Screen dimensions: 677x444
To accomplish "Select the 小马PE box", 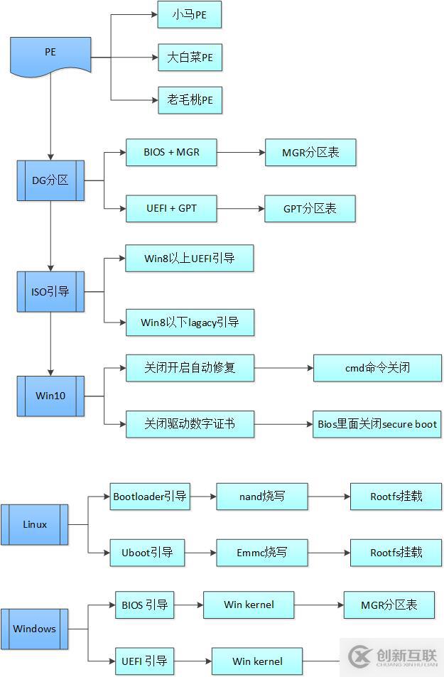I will coord(189,15).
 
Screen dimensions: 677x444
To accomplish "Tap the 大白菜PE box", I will coord(190,58).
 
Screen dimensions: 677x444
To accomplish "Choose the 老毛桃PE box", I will coord(190,100).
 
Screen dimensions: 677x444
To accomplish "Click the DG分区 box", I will coord(50,180).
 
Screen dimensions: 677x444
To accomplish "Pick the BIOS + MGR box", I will coord(171,152).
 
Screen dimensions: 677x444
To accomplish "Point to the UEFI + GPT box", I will coord(171,208).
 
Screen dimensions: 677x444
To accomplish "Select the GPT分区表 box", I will coord(310,208).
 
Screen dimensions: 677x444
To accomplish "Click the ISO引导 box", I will coord(50,292).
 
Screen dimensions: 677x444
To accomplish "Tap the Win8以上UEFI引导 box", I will coord(189,259).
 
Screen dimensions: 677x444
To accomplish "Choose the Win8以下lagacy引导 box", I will coord(189,323).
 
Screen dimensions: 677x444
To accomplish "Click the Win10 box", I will coord(50,395).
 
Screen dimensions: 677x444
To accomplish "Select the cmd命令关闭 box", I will coord(377,368).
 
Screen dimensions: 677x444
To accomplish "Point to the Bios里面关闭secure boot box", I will coord(377,424).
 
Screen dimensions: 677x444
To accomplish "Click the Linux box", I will coord(35,524).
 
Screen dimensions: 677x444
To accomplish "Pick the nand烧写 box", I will coord(262,497).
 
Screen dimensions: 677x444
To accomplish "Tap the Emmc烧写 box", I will coord(262,552).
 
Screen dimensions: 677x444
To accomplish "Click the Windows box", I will coord(35,629).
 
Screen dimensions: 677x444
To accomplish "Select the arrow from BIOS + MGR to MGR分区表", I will coord(241,152).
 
